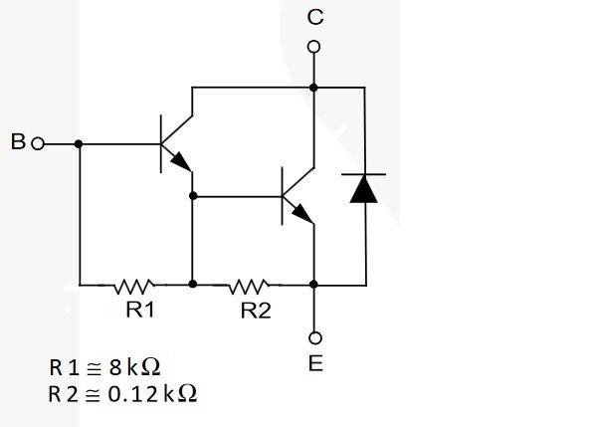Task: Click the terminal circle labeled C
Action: [x=313, y=47]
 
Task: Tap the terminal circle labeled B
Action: [x=38, y=144]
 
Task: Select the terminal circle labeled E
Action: [x=314, y=337]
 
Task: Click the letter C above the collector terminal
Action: [x=315, y=18]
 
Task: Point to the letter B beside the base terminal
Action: [x=18, y=141]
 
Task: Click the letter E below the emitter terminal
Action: [x=315, y=363]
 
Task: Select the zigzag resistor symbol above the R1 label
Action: [x=134, y=287]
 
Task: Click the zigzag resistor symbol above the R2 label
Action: [x=249, y=287]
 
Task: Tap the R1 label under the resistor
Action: [x=140, y=310]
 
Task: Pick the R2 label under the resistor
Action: [x=256, y=311]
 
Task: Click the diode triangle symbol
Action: [x=364, y=188]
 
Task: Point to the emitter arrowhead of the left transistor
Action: [x=181, y=162]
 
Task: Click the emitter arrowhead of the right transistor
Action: [x=303, y=214]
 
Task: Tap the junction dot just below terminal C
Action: [x=313, y=88]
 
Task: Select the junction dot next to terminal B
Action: [x=79, y=144]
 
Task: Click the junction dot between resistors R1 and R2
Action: [x=193, y=284]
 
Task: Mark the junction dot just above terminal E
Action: [x=313, y=284]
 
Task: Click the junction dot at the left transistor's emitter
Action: [x=193, y=196]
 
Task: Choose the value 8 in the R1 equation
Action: [x=115, y=367]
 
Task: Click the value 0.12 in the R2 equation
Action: [x=133, y=394]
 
